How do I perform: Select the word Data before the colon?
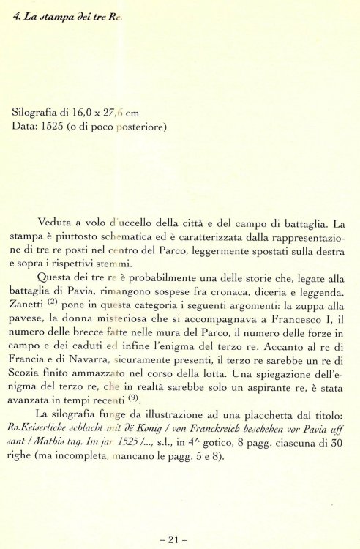[x=26, y=126]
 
